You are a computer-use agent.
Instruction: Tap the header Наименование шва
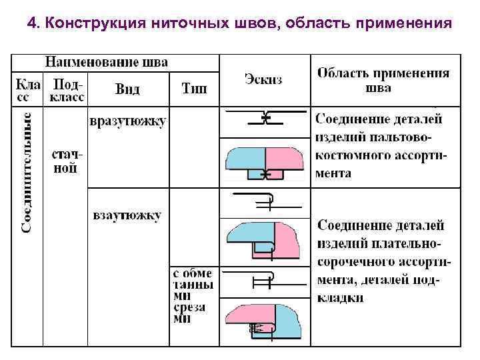tap(107, 63)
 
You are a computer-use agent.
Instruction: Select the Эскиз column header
tap(263, 79)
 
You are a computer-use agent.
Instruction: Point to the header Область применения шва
tap(383, 80)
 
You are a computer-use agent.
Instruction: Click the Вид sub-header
tap(127, 89)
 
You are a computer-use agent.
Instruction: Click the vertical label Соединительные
tap(27, 173)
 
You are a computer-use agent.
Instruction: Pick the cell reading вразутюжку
tap(128, 121)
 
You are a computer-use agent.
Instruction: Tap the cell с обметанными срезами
tap(193, 296)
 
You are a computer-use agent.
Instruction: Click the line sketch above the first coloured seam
tap(265, 119)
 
